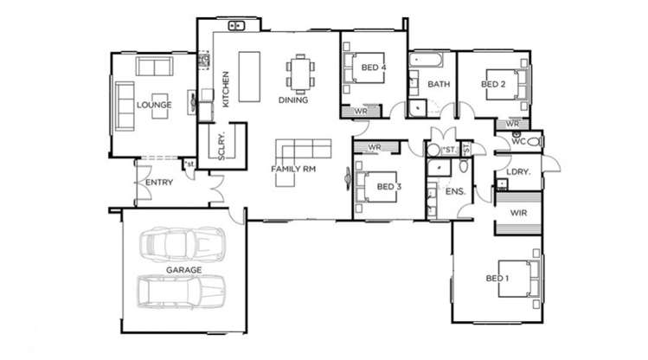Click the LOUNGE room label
(x=154, y=105)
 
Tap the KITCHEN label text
(x=226, y=90)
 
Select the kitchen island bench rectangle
(x=250, y=76)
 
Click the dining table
(x=300, y=74)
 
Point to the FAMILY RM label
(x=293, y=169)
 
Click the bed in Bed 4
(x=364, y=67)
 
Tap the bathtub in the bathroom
(x=426, y=61)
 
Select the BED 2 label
(x=493, y=84)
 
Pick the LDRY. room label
(x=518, y=172)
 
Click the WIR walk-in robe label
(x=518, y=213)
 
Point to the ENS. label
(x=455, y=192)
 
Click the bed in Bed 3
(x=376, y=187)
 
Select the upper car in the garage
(x=183, y=244)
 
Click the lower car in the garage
(x=182, y=292)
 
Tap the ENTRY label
(x=159, y=183)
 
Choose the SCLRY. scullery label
(x=221, y=146)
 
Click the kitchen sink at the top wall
(x=236, y=26)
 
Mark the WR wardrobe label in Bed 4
(x=361, y=112)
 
